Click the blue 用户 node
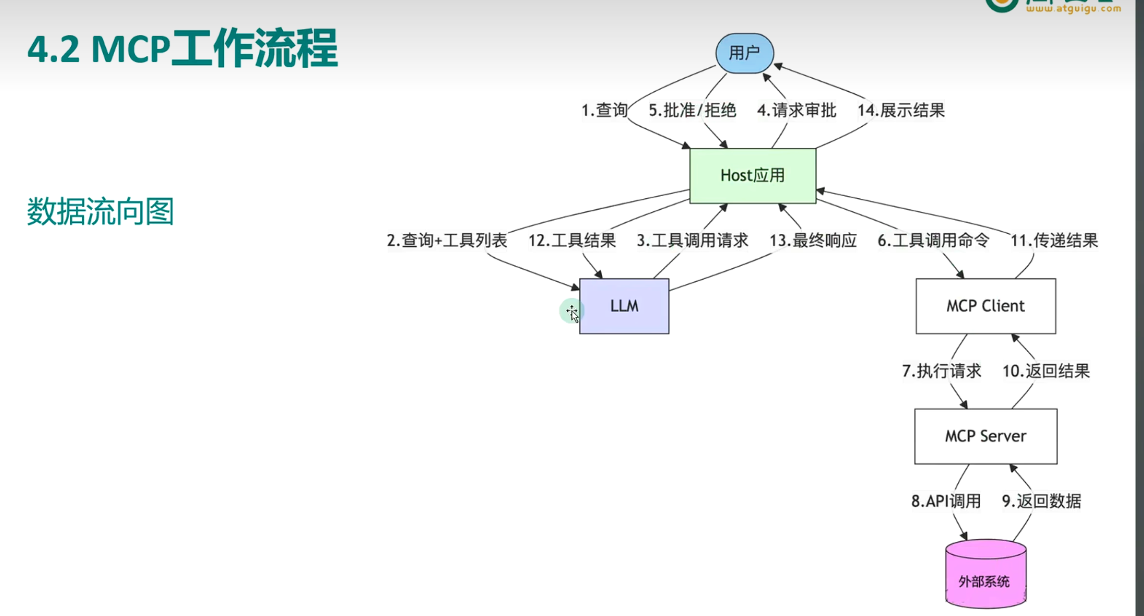744,53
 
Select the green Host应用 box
752,176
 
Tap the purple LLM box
624,306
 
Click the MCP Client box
985,306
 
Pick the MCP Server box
985,436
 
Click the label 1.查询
604,110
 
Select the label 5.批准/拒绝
692,110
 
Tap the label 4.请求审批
796,110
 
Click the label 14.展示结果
901,110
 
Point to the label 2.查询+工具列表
447,241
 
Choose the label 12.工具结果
572,241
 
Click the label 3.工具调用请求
692,241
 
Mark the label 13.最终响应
813,241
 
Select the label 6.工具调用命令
933,241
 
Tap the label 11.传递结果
1054,241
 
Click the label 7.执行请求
942,371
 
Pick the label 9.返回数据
1041,501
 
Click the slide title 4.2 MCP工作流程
183,48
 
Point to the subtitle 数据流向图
101,211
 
